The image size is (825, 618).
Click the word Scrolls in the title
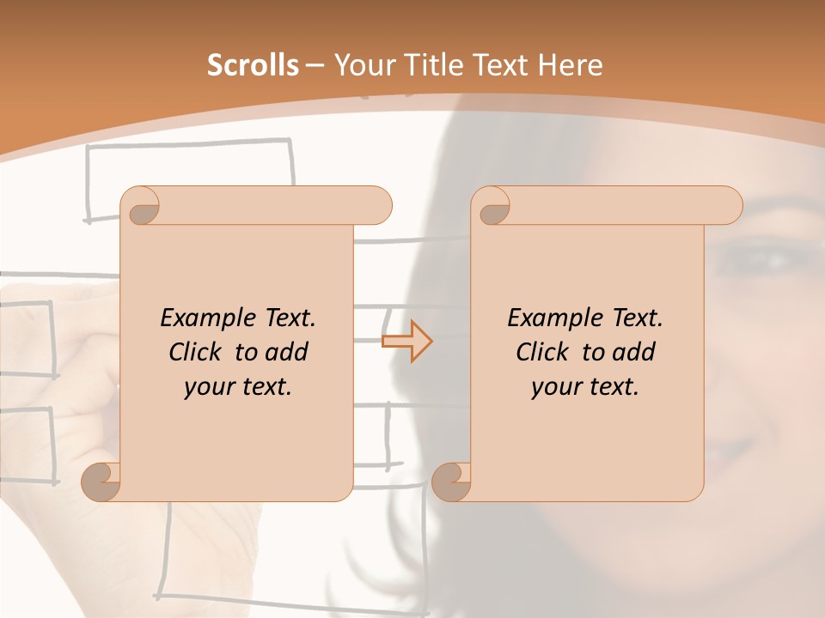pos(253,65)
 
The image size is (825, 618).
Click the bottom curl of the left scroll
pos(101,482)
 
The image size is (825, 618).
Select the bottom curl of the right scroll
pos(451,482)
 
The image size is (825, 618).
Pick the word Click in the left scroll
pos(194,352)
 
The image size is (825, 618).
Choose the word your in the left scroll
pos(207,387)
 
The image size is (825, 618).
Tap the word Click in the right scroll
pos(541,352)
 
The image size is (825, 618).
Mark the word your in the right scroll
pos(554,387)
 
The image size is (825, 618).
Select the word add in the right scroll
pos(634,352)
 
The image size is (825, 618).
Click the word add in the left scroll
pos(287,352)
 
